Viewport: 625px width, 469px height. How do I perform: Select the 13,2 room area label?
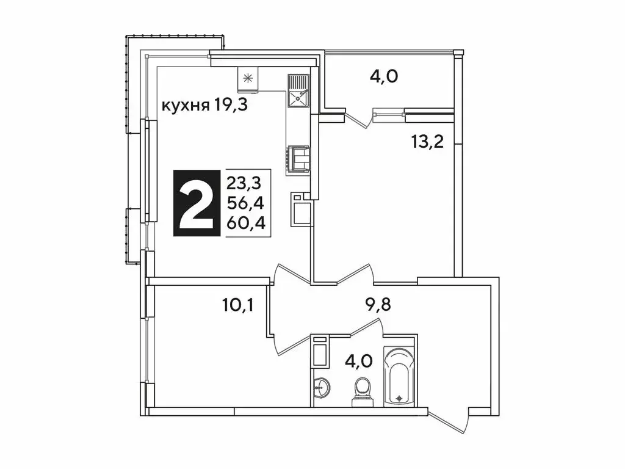(427, 142)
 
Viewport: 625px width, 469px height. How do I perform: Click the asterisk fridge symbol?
(248, 78)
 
